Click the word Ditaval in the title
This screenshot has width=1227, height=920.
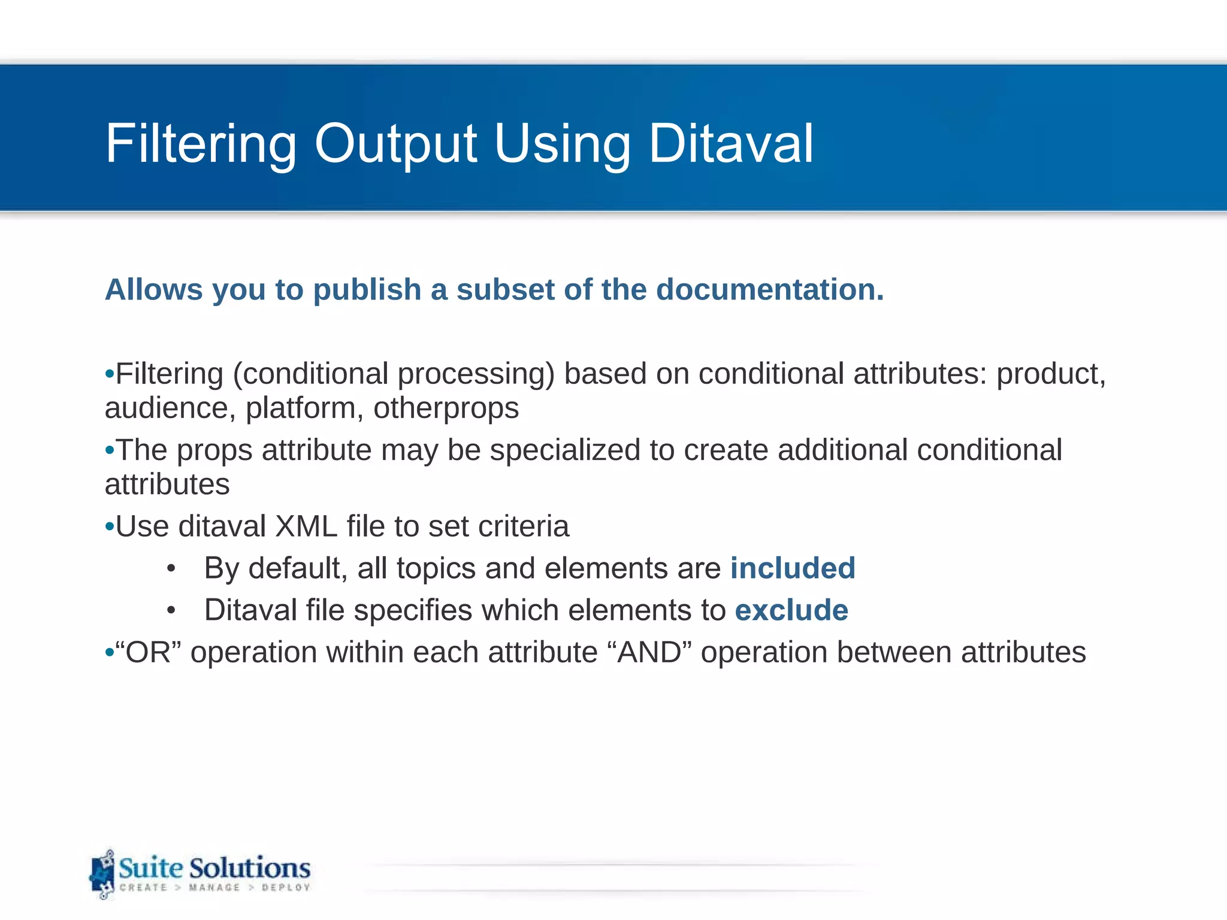point(731,144)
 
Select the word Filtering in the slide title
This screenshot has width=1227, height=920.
point(201,144)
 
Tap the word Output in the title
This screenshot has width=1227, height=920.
point(395,144)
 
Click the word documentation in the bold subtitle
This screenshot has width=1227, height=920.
point(770,290)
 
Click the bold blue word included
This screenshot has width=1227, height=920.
point(793,568)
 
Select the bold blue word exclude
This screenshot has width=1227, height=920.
point(791,610)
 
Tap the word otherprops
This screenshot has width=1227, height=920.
point(446,408)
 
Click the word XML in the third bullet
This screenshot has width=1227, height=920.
point(306,526)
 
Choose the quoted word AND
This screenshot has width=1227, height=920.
point(649,652)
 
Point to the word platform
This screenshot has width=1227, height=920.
point(301,408)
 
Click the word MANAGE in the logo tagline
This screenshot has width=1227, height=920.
point(214,888)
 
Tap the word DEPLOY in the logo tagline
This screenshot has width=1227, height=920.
point(286,888)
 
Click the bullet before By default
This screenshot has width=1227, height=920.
point(171,569)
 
